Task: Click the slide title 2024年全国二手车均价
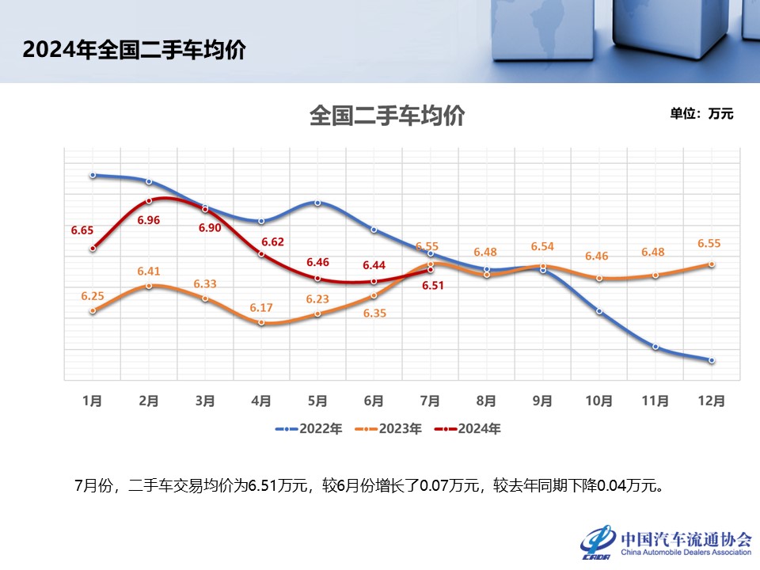[135, 50]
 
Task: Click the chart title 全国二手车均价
[386, 116]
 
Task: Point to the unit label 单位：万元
[701, 113]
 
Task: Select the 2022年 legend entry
[310, 428]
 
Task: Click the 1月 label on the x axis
[93, 401]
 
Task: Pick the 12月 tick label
[712, 401]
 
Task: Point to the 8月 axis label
[487, 401]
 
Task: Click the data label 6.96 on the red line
[149, 220]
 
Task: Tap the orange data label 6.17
[261, 307]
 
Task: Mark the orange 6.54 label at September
[543, 246]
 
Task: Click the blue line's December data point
[712, 360]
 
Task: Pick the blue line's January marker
[93, 175]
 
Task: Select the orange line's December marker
[712, 264]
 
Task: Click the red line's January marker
[93, 248]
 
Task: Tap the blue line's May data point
[317, 203]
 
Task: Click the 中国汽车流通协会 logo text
[686, 539]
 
